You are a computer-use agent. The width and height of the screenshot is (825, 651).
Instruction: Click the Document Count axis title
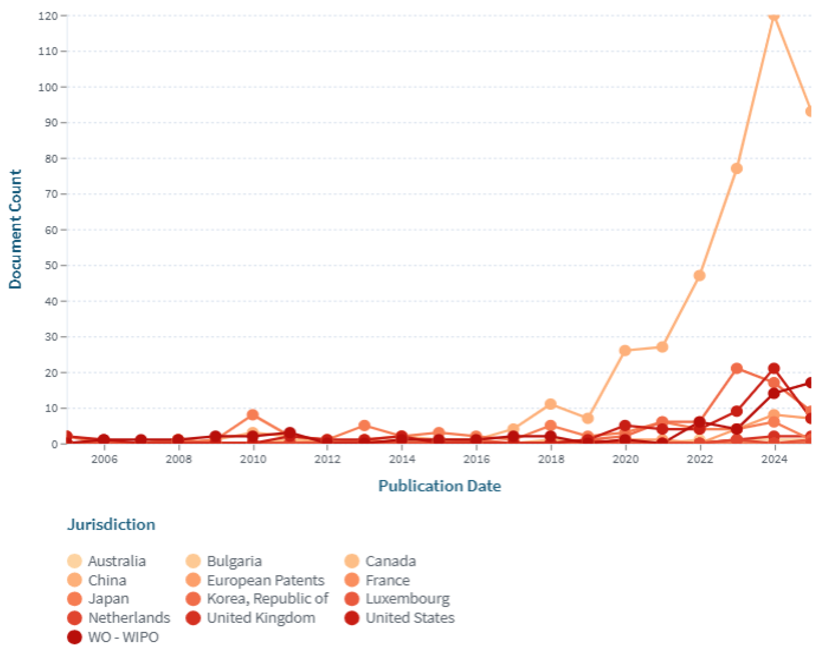[x=15, y=229]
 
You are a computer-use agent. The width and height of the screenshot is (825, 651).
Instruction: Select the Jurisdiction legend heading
[x=111, y=525]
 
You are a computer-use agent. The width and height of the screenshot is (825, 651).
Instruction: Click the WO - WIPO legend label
[x=123, y=637]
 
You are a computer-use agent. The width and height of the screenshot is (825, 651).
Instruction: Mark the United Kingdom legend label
[x=261, y=618]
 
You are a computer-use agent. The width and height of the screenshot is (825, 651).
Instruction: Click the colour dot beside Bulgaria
[x=193, y=561]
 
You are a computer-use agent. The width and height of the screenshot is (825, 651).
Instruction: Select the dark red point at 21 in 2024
[x=774, y=369]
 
